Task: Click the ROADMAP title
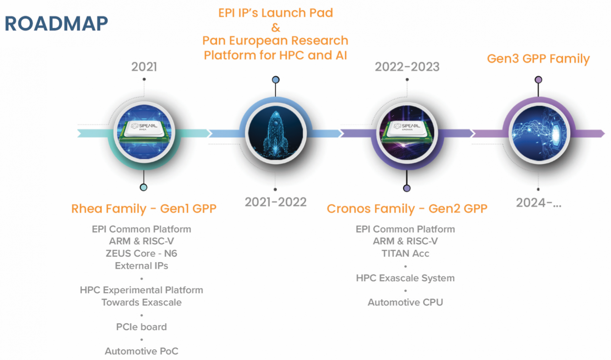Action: click(x=56, y=23)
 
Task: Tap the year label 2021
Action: click(x=144, y=67)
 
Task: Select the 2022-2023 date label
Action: click(x=407, y=67)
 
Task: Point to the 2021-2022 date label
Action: click(x=275, y=202)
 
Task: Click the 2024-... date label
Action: click(x=538, y=203)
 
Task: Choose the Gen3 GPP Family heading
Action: click(x=538, y=59)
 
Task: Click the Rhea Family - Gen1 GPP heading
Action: click(x=144, y=209)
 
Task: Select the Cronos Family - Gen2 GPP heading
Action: click(x=407, y=209)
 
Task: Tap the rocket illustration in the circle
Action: click(x=275, y=133)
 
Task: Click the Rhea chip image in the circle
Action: click(x=144, y=132)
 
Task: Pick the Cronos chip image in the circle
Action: click(x=407, y=133)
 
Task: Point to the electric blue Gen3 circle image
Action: click(x=539, y=133)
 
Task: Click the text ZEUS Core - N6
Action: click(x=141, y=253)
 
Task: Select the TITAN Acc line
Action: click(x=405, y=253)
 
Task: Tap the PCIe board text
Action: click(x=141, y=327)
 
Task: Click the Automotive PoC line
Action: click(x=141, y=351)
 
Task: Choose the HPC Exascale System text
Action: click(x=405, y=278)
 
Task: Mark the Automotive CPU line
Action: click(x=405, y=302)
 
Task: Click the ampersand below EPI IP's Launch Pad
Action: click(x=275, y=28)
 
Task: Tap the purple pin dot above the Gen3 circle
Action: click(x=538, y=80)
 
